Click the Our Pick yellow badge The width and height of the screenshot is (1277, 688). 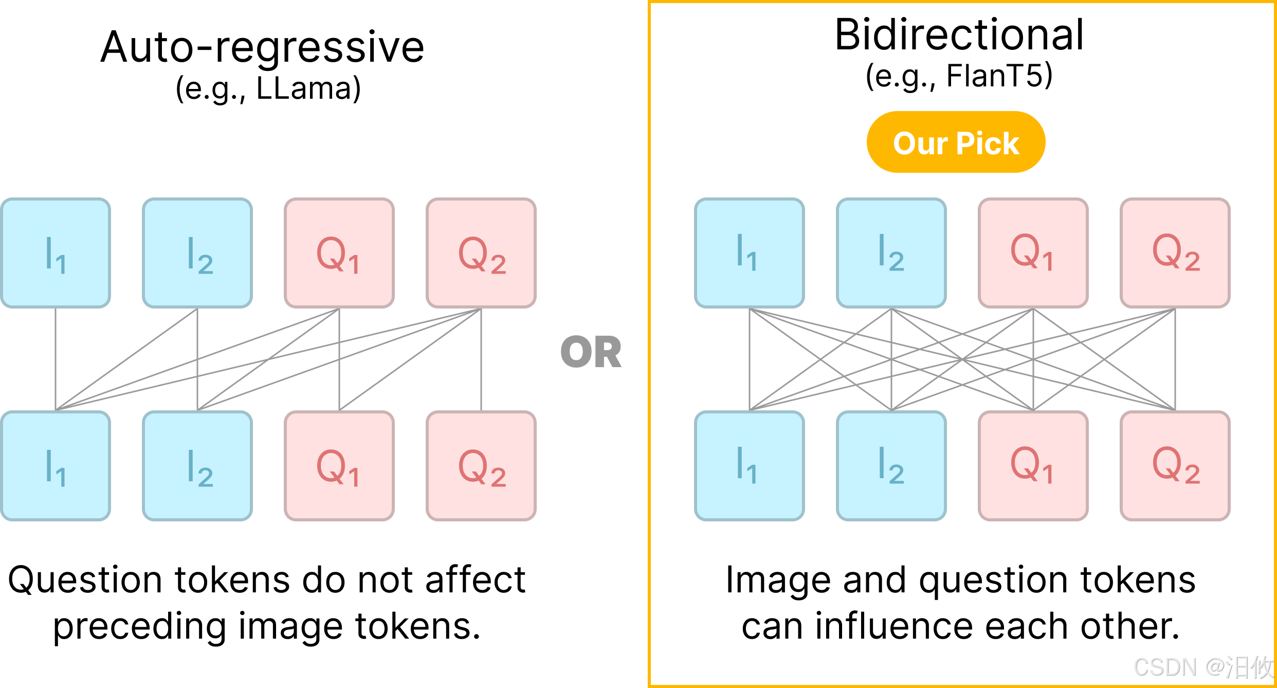956,142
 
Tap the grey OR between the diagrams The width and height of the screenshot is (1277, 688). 591,353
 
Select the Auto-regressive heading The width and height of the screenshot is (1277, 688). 262,47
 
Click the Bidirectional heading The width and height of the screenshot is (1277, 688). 959,35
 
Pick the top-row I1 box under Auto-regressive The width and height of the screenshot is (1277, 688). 56,253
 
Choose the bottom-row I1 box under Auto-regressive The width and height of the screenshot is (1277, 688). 56,466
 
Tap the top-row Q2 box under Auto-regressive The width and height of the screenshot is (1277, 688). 481,253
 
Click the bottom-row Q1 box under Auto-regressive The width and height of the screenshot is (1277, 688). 339,466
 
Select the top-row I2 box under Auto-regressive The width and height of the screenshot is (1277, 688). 197,253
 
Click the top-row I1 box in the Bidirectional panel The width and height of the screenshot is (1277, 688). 750,253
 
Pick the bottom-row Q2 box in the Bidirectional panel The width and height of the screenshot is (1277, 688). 1175,466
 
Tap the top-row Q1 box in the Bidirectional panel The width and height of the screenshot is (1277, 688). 1033,253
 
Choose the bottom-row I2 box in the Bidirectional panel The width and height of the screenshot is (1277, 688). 891,466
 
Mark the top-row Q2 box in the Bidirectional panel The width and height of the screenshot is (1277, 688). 1175,253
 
